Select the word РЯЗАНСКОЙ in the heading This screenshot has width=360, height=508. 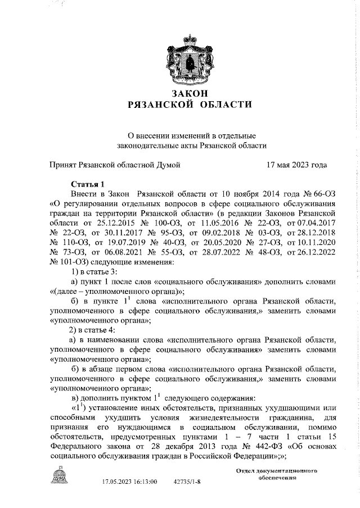(160, 105)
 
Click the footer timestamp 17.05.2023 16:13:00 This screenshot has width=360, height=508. (129, 482)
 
